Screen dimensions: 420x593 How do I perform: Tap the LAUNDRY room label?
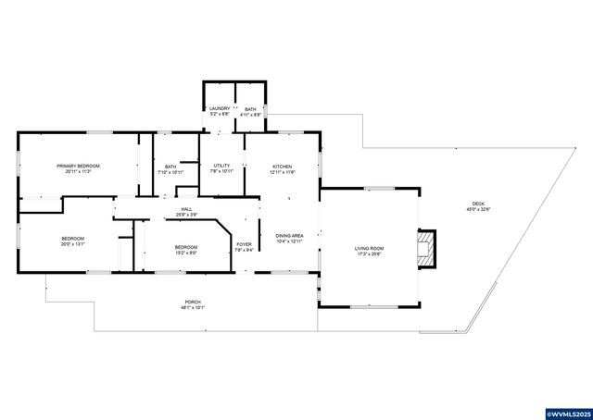219,109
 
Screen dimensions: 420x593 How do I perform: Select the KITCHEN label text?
282,167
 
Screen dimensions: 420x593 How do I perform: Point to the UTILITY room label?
221,166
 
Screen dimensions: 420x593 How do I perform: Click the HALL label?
186,209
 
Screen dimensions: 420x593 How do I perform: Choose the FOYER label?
244,244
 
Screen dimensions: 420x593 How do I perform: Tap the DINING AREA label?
290,236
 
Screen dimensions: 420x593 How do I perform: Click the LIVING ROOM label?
369,248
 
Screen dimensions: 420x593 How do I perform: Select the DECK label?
478,204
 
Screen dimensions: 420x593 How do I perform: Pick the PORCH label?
192,302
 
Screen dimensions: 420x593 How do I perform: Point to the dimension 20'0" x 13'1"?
73,244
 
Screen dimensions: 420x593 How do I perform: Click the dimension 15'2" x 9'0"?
186,253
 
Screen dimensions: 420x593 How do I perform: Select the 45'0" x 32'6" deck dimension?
478,209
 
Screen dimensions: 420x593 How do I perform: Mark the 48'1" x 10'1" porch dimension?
192,307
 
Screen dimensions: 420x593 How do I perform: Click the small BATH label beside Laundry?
250,109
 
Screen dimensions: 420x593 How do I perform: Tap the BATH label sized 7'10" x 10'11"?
170,167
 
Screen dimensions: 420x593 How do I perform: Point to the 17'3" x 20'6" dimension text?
369,253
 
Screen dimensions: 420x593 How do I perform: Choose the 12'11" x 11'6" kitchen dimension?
282,172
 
